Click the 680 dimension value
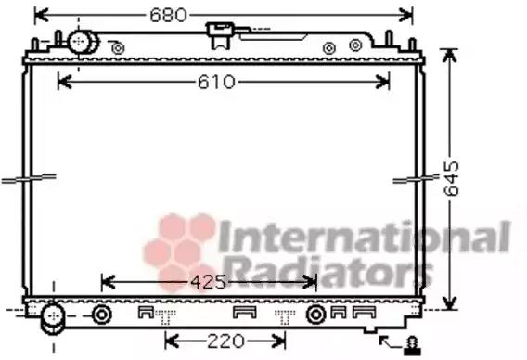click(x=168, y=15)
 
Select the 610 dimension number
click(x=216, y=82)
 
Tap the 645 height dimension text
click(x=451, y=178)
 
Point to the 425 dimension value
click(x=209, y=282)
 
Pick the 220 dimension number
click(x=225, y=341)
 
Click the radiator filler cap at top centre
click(x=220, y=35)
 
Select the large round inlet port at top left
click(x=82, y=42)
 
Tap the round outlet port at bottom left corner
click(x=53, y=318)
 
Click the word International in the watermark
click(x=365, y=237)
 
